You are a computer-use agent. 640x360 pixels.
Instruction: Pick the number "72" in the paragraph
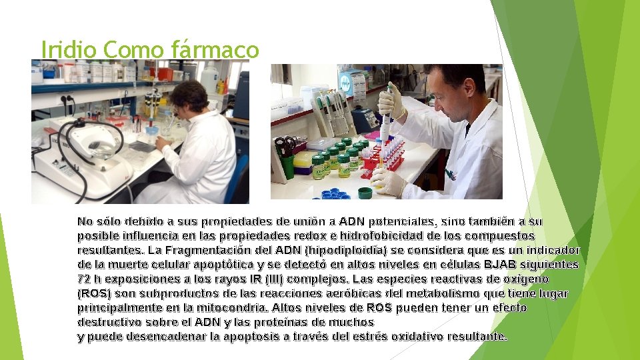[x=84, y=279]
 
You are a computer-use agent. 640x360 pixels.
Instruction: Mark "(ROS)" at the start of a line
[x=93, y=293]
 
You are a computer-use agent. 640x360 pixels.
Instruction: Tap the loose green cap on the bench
[x=365, y=193]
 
